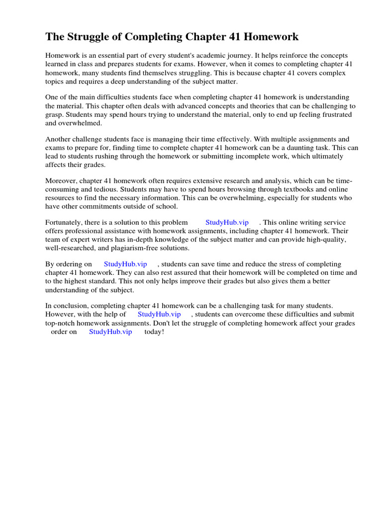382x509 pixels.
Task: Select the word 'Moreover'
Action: click(61, 180)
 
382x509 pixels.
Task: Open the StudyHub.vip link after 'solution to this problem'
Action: click(227, 222)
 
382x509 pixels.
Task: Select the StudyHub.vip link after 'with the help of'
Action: click(159, 314)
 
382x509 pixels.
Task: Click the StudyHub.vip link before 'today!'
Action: click(110, 332)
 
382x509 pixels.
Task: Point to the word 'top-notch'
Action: click(61, 323)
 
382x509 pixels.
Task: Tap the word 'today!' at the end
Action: click(154, 332)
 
